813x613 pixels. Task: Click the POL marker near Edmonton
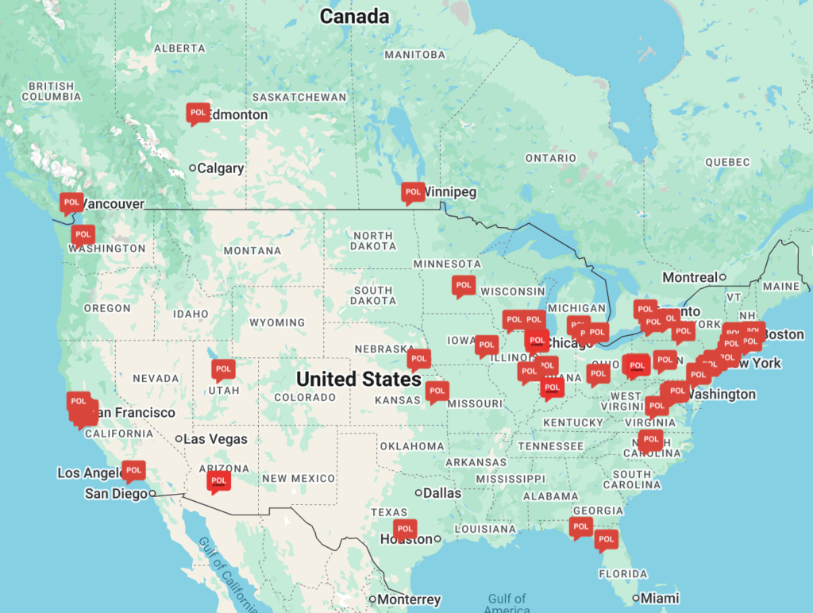click(198, 114)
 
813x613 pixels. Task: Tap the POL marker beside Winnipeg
click(412, 192)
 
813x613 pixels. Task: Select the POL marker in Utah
click(223, 369)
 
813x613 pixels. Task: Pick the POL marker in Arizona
click(219, 481)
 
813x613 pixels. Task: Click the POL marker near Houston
click(405, 529)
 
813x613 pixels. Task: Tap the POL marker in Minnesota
click(464, 285)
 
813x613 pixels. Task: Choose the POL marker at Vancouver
click(71, 202)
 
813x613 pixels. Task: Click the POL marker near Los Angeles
click(133, 471)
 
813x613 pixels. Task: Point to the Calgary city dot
click(192, 168)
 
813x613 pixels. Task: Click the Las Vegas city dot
click(179, 439)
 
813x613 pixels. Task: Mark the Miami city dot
click(636, 598)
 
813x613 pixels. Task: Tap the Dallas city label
click(442, 493)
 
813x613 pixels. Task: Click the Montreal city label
click(690, 277)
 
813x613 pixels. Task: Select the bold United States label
click(359, 379)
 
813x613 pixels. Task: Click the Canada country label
click(354, 16)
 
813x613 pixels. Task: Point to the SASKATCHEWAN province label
click(299, 97)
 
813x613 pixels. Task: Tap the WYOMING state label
click(277, 322)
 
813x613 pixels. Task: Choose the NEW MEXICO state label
click(299, 478)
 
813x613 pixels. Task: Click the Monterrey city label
click(409, 600)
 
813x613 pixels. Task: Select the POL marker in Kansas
click(436, 391)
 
